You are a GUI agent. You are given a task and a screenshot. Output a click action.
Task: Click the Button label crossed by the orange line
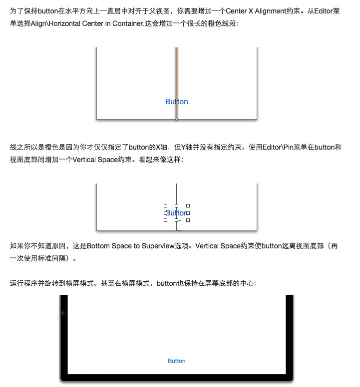176,102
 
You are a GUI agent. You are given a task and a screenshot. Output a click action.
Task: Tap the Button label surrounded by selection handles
176,213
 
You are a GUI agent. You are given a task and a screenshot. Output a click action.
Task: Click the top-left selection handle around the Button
165,205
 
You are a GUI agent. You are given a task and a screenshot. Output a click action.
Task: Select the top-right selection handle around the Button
188,205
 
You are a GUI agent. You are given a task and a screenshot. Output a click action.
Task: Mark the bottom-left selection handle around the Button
165,220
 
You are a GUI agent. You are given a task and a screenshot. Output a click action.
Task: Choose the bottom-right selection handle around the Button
188,220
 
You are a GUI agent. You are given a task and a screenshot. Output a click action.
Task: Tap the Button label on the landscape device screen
176,361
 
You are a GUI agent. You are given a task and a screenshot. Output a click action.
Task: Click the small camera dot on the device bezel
63,313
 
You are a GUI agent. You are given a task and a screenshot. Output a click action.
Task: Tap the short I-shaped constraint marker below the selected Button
178,226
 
